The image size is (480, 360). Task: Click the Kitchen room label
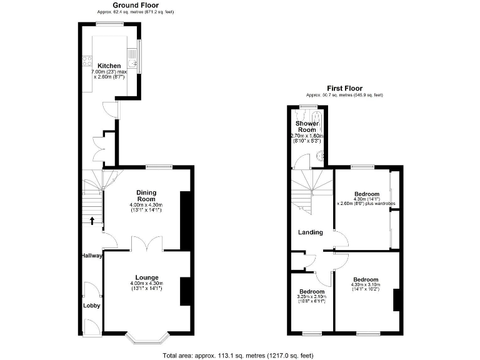click(109, 66)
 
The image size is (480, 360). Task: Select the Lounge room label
click(147, 277)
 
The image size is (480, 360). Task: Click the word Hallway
click(91, 256)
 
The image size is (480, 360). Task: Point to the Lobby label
click(92, 306)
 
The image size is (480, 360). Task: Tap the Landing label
click(310, 232)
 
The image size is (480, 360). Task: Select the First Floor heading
click(344, 89)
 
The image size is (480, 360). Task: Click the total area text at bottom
click(237, 355)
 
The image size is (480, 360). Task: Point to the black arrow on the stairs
click(92, 220)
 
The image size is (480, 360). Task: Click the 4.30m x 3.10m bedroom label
click(365, 279)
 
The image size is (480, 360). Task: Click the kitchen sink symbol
click(132, 62)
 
